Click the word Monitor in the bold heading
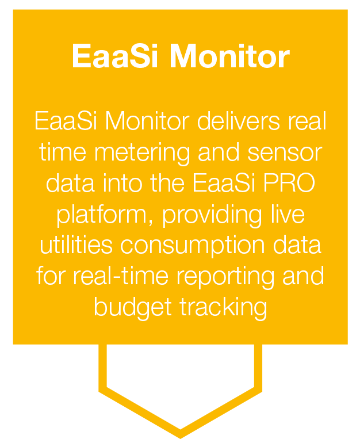pyautogui.click(x=230, y=57)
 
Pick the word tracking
pyautogui.click(x=223, y=307)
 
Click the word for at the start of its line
pyautogui.click(x=52, y=276)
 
